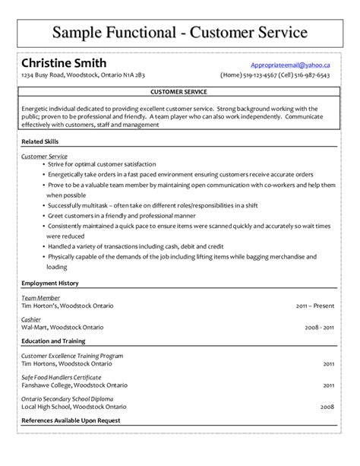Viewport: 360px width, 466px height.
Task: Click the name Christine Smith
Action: (x=64, y=62)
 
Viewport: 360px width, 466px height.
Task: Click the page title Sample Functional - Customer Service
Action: (x=180, y=32)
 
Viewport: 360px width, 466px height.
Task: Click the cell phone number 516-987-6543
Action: (x=312, y=76)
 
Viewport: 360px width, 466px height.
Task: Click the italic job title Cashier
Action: (x=32, y=320)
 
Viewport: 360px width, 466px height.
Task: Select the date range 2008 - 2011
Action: (x=318, y=328)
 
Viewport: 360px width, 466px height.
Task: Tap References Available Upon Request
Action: (x=71, y=420)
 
